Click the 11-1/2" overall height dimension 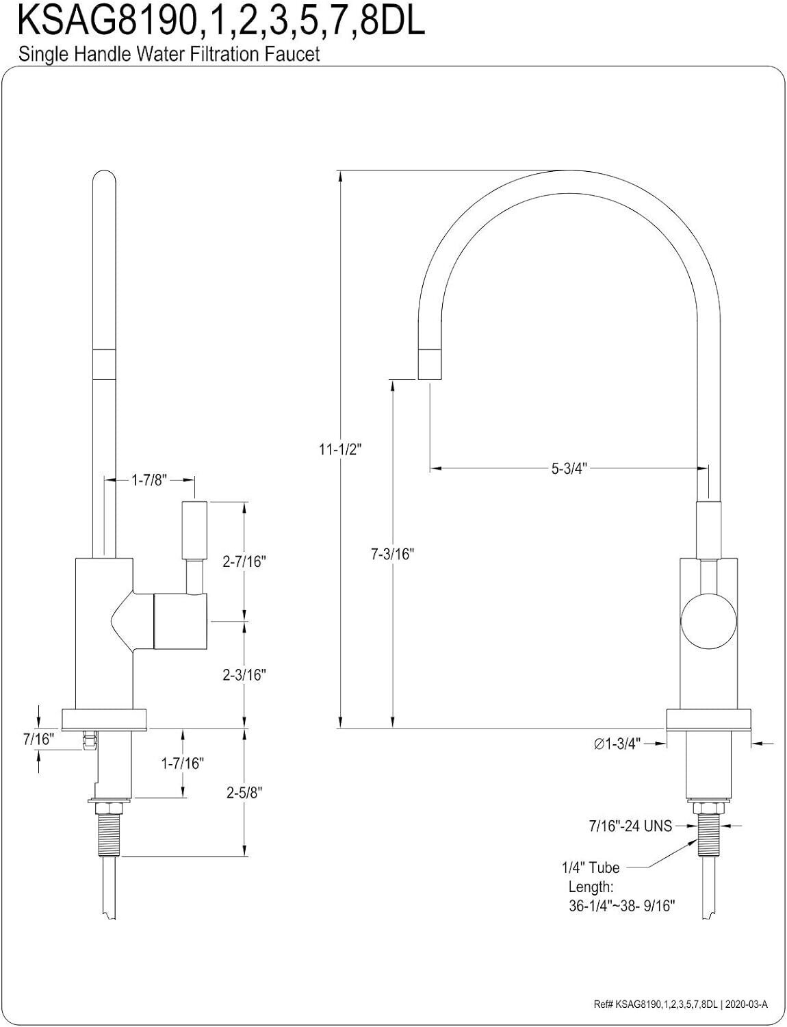(339, 449)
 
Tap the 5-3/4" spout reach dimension (568, 468)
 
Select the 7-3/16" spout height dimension (392, 554)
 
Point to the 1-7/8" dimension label (149, 481)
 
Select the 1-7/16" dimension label (182, 763)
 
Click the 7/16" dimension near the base (39, 739)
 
